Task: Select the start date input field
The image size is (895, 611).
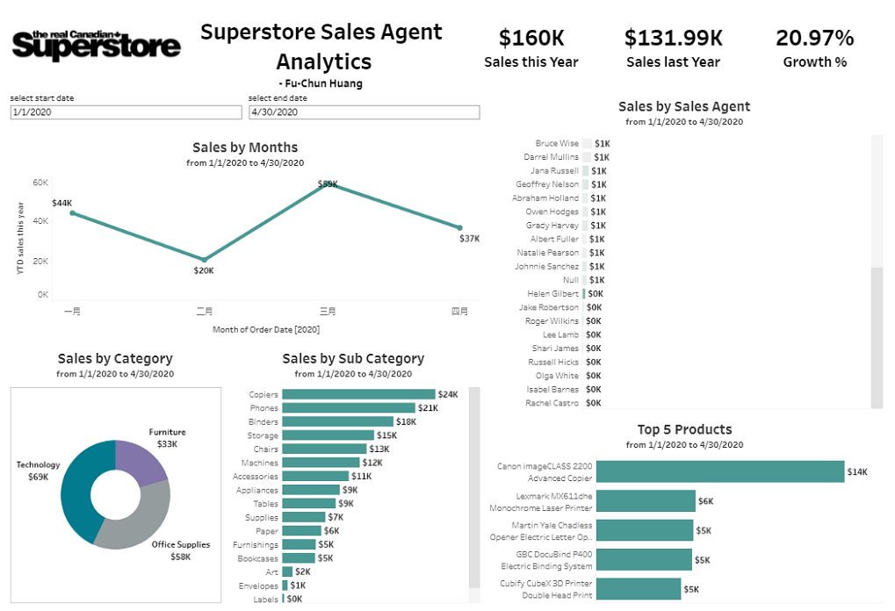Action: [x=126, y=112]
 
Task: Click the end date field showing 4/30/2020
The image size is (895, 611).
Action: [x=364, y=112]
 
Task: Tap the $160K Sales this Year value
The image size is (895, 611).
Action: [x=531, y=39]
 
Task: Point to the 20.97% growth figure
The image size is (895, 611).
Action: [x=814, y=39]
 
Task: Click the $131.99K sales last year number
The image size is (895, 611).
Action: [x=674, y=39]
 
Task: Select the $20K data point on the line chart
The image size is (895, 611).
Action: [x=204, y=260]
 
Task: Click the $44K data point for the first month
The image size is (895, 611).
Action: [x=72, y=212]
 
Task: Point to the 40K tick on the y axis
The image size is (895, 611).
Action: [x=40, y=221]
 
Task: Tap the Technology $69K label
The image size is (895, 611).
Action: [x=38, y=471]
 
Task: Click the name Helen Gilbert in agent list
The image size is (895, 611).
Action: [x=552, y=293]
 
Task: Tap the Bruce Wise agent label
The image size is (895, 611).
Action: [x=557, y=143]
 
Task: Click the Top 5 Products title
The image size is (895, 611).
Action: [x=684, y=429]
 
